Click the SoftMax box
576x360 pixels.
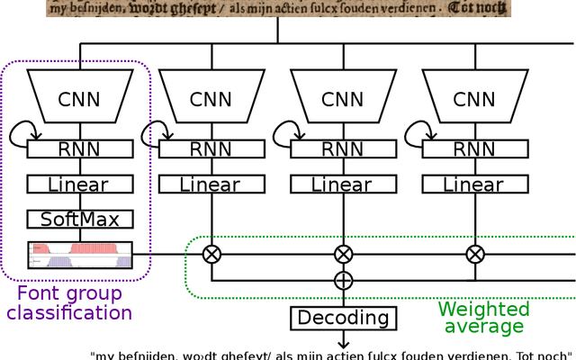tap(80, 219)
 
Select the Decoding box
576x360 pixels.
tap(343, 318)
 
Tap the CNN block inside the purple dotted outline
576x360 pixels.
tap(80, 100)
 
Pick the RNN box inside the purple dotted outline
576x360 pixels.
tap(80, 149)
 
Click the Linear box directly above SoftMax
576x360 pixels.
tap(80, 184)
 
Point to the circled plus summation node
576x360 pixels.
tap(343, 281)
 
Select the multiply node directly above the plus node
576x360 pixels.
tap(343, 254)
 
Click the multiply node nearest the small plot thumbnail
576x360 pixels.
tap(211, 254)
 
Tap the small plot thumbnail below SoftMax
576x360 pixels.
tap(80, 255)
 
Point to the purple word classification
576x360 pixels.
tap(69, 313)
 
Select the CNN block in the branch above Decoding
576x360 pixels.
tap(343, 100)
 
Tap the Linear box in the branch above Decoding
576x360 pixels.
tap(343, 184)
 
